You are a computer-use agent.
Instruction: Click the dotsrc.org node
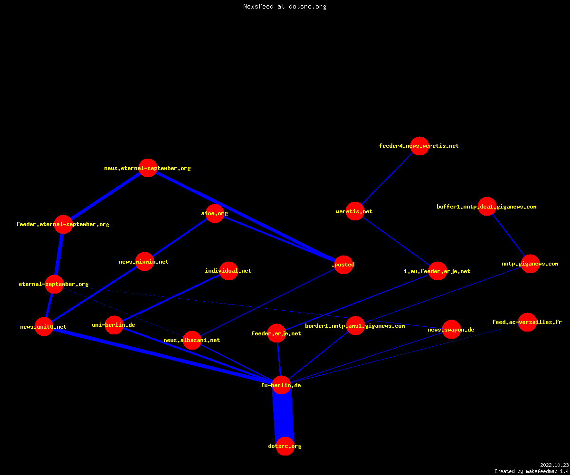285,446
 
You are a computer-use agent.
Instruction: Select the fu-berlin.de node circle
282,385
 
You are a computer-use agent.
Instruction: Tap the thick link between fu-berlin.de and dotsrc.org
284,416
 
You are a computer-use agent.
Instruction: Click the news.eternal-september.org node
148,168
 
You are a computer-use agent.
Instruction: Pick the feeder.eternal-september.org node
63,224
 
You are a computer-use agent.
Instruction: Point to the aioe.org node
215,213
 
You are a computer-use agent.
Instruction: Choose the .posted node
344,265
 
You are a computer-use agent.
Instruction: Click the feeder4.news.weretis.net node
419,146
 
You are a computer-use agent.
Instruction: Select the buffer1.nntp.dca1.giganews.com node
487,206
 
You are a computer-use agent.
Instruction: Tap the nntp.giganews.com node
531,264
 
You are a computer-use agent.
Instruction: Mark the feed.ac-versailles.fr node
527,322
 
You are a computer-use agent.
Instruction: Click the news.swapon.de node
452,330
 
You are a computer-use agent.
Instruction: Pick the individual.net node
229,271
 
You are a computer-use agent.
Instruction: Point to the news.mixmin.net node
145,262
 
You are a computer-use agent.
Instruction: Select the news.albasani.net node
192,340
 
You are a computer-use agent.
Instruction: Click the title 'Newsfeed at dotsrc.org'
285,6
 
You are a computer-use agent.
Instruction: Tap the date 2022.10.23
554,465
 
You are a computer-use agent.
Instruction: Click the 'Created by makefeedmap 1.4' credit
532,472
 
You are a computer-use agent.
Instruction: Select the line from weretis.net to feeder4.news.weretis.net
387,179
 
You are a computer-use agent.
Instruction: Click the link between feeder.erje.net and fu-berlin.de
279,359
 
